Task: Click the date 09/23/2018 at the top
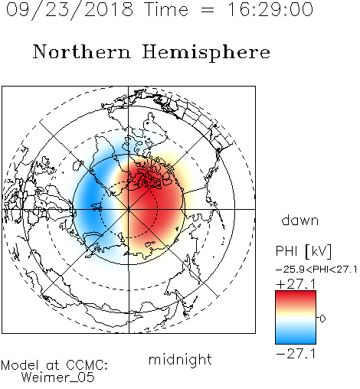(x=70, y=10)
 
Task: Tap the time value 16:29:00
(x=270, y=10)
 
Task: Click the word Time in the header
(x=166, y=10)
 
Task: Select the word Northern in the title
(x=82, y=52)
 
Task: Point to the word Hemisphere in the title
(x=206, y=53)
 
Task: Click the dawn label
(x=300, y=220)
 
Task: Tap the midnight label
(x=180, y=359)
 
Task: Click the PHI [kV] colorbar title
(x=303, y=251)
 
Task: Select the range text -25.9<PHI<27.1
(x=316, y=270)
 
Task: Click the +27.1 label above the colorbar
(x=296, y=284)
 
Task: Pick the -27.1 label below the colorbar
(x=296, y=354)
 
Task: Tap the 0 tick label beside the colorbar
(x=322, y=319)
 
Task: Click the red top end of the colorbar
(x=296, y=293)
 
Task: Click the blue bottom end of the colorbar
(x=296, y=341)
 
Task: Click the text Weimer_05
(x=58, y=378)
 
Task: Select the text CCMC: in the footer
(x=87, y=365)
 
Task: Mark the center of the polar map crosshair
(x=129, y=209)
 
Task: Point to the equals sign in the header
(x=208, y=10)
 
